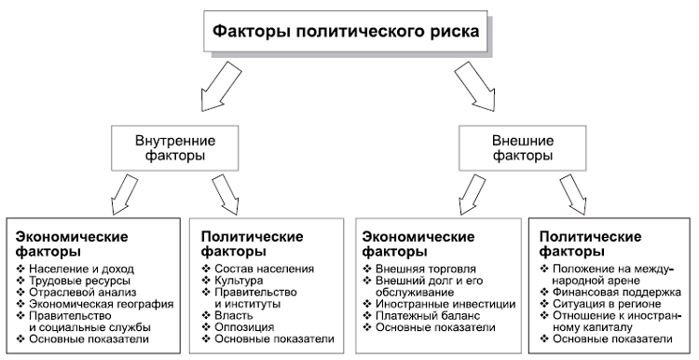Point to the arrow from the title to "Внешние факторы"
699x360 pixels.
tap(475, 90)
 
